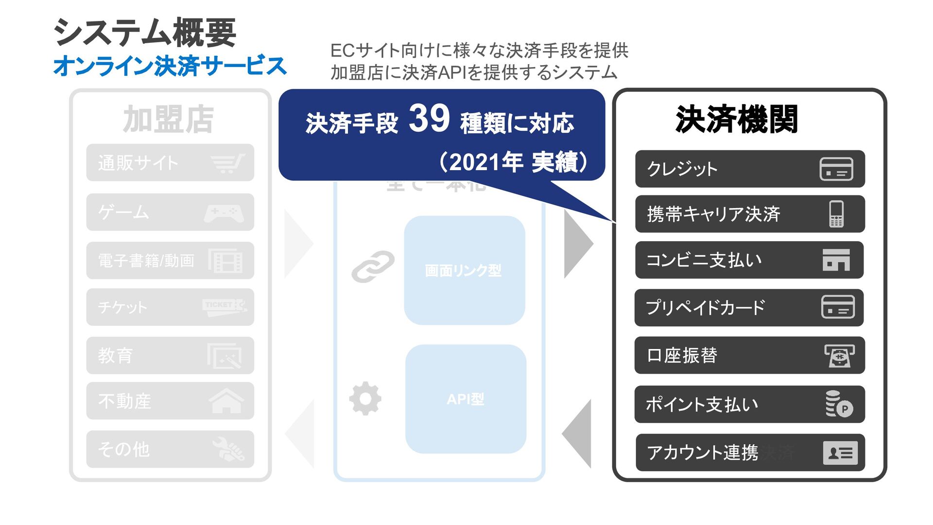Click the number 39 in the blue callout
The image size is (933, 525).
429,119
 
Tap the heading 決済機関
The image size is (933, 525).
736,120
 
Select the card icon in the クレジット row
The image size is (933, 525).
836,169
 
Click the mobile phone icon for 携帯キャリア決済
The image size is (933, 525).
836,214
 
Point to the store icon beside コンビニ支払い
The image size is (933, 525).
836,260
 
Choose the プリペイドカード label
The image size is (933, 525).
705,307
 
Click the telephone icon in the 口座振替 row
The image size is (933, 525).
839,356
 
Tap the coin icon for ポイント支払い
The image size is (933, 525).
839,404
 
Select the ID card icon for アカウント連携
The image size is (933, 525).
840,453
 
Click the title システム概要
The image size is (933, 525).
145,33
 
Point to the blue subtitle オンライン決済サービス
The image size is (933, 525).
170,66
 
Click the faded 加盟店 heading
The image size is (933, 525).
168,120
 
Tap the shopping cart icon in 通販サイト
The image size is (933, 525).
228,163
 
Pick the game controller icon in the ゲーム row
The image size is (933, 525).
224,213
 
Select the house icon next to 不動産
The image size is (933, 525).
226,402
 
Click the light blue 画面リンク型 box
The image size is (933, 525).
464,270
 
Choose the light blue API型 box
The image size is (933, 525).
466,399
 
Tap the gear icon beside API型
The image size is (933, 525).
365,399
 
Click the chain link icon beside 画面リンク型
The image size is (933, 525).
373,266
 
